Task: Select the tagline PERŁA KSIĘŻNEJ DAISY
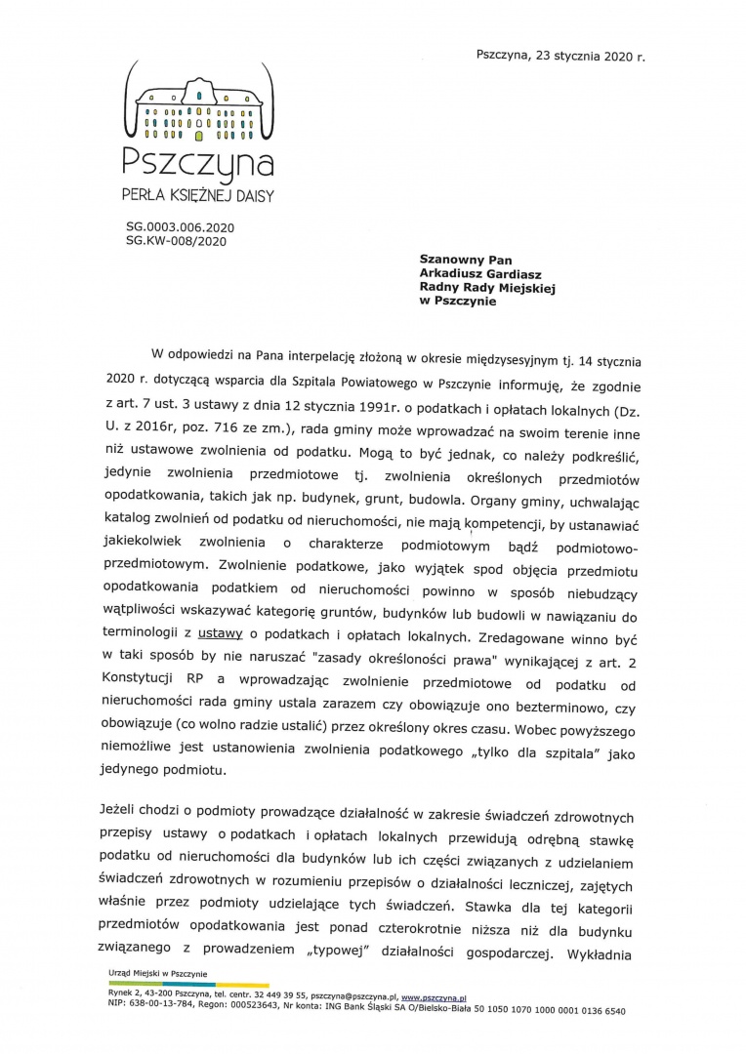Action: pyautogui.click(x=198, y=195)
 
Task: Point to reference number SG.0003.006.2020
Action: pyautogui.click(x=181, y=226)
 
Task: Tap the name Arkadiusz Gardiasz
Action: pyautogui.click(x=480, y=274)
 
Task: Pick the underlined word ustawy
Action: pyautogui.click(x=220, y=634)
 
